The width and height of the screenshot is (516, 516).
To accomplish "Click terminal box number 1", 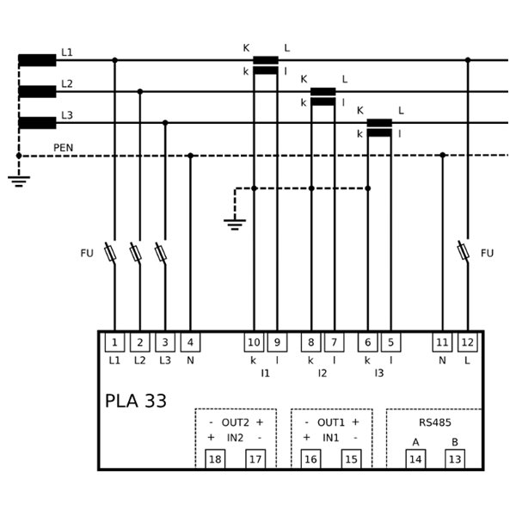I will [x=114, y=342].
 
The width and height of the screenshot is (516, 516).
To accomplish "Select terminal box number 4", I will [x=190, y=342].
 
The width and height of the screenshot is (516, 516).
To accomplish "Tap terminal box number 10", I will [x=254, y=342].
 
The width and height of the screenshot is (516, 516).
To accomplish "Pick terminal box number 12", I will [x=467, y=342].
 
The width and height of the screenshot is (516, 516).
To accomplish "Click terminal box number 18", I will [x=216, y=459].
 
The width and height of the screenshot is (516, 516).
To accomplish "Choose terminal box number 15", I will [x=351, y=459].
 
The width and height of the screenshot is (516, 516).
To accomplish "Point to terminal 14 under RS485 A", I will [x=415, y=459].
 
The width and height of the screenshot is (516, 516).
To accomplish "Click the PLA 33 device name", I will [x=136, y=401].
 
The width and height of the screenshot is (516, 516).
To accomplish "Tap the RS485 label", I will [x=434, y=422].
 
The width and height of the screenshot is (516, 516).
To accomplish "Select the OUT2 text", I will [x=235, y=422].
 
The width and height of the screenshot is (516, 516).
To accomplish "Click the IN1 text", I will [x=330, y=438].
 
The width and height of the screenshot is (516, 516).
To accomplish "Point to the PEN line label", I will [x=64, y=148].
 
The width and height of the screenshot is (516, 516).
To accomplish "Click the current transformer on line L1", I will [x=266, y=65].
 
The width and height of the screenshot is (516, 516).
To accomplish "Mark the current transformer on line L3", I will [x=379, y=128].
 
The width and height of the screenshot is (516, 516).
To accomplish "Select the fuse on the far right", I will [x=464, y=252].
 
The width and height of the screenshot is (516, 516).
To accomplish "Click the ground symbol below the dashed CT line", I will [x=235, y=224].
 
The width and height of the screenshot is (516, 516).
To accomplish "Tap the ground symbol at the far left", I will [x=19, y=181].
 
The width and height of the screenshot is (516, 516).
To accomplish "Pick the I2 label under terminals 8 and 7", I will [x=322, y=373].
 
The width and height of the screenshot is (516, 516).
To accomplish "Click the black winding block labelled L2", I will [x=37, y=91].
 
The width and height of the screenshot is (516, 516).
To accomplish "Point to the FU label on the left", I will [x=86, y=253].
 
